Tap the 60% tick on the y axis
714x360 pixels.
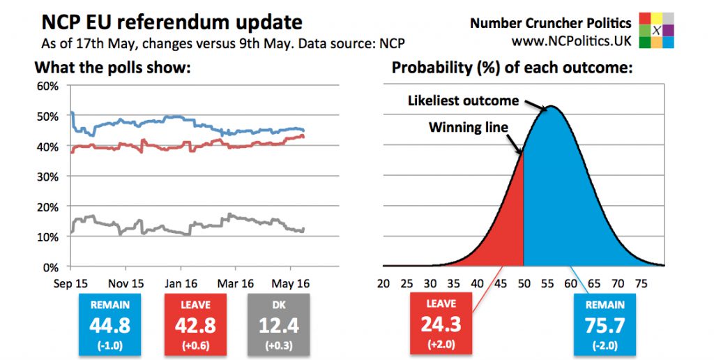pos(48,87)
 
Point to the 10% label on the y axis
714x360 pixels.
pos(48,237)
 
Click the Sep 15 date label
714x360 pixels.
pos(70,284)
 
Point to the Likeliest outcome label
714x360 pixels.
pos(463,101)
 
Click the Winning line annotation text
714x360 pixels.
pos(469,128)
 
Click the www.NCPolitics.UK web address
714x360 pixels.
pos(571,41)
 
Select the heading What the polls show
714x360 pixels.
pos(112,68)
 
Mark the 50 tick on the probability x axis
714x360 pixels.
pos(523,284)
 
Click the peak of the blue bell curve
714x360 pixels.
pos(551,107)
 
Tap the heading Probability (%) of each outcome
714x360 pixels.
pos(512,68)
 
